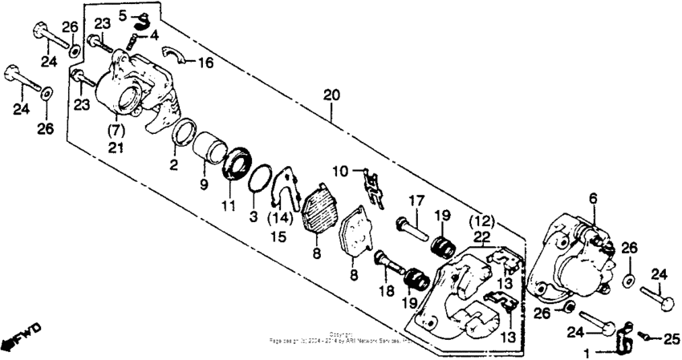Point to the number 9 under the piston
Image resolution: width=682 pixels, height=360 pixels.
[x=204, y=184]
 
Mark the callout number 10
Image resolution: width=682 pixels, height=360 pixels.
[x=340, y=170]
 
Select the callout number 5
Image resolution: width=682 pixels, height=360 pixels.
[x=123, y=15]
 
